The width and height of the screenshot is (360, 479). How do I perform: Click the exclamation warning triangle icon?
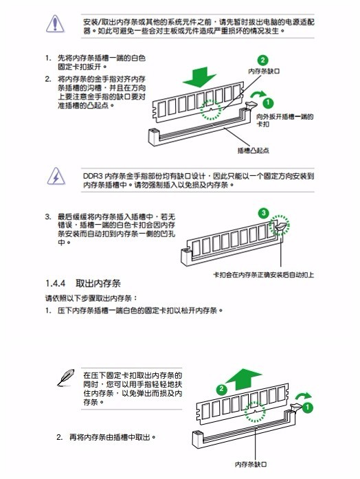point(55,24)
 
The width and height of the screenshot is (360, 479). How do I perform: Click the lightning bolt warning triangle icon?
point(56,176)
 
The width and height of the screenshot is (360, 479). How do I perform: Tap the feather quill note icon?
point(66,378)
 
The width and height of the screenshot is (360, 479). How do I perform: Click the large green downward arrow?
point(199,76)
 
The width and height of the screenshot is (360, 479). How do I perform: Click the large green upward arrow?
point(243,379)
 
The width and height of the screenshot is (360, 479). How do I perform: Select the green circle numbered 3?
point(263,213)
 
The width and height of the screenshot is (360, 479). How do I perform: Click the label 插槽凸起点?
point(253,151)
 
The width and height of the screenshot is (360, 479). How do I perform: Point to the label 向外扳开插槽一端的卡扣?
point(284,120)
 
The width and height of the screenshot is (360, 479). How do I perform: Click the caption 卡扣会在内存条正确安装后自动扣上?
point(263,275)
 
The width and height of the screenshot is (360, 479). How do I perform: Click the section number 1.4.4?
point(55,283)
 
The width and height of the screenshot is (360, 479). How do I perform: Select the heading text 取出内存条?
point(98,283)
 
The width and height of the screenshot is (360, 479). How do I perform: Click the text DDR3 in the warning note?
point(93,176)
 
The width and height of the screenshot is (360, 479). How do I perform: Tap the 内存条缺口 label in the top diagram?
point(264,71)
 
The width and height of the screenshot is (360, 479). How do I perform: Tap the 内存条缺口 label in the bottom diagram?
point(251,464)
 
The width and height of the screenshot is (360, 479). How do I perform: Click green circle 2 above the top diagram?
point(262,60)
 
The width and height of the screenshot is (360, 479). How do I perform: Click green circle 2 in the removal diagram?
point(222,389)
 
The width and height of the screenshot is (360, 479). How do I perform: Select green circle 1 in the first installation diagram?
point(268,102)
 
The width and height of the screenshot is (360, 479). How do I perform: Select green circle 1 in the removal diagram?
point(308,408)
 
